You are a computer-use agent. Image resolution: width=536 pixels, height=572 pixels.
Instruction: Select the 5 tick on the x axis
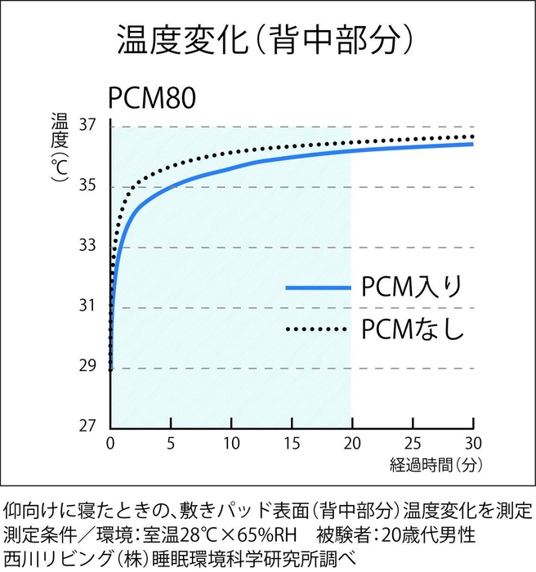[171, 445]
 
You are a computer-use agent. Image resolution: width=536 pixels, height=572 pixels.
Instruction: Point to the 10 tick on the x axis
[231, 445]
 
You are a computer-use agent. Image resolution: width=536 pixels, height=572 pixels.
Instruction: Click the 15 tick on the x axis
[292, 445]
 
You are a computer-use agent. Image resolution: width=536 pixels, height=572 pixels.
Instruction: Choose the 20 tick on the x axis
[352, 445]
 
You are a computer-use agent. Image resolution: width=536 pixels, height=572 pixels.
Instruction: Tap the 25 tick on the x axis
[413, 445]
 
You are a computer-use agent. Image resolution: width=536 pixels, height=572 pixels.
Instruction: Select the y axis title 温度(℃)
[60, 150]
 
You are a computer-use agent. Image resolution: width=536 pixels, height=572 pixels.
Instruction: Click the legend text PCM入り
[413, 288]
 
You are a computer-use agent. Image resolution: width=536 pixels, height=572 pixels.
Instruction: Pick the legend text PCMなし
[413, 329]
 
